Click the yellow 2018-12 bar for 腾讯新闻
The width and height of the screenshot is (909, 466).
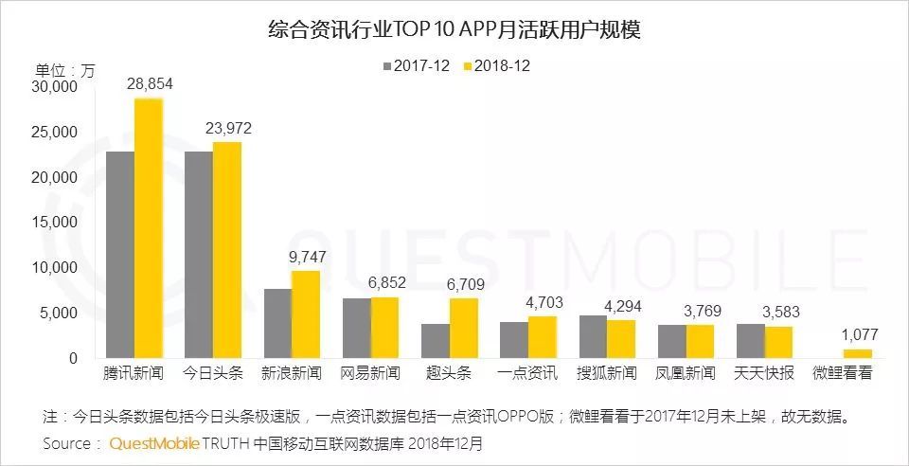click(x=148, y=227)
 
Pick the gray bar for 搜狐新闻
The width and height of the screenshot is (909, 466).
click(x=593, y=336)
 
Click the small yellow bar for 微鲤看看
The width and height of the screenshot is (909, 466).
click(x=858, y=353)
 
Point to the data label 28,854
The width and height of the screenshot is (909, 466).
click(x=149, y=85)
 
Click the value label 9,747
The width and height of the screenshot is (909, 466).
click(x=306, y=257)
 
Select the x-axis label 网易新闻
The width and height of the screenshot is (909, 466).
click(x=369, y=373)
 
